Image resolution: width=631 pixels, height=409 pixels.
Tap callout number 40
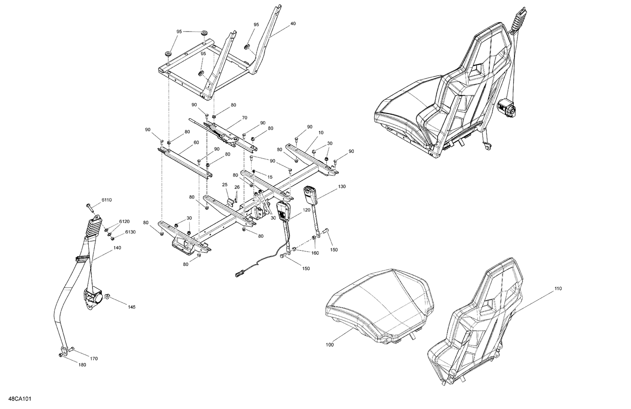(293, 24)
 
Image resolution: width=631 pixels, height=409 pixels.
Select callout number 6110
(106, 200)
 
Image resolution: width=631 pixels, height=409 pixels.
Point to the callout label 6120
(124, 221)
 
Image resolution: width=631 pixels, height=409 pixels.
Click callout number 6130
(130, 232)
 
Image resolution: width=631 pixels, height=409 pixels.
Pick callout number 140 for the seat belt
(117, 248)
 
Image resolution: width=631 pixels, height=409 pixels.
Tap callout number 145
(132, 307)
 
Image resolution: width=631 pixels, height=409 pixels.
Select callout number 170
(94, 359)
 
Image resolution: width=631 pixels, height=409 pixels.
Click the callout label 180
(82, 365)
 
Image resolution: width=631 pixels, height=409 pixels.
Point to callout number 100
(329, 345)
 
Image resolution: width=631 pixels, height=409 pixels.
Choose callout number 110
(558, 289)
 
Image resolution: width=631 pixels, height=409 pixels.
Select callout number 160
(315, 253)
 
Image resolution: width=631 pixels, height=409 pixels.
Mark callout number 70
(244, 118)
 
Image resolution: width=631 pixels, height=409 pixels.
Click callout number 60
(196, 143)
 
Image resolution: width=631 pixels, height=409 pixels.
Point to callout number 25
(225, 185)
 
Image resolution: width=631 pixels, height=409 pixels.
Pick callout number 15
(270, 177)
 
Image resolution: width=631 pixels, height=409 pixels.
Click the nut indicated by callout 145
(108, 297)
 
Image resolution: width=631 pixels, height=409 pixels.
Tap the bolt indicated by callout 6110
(89, 206)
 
